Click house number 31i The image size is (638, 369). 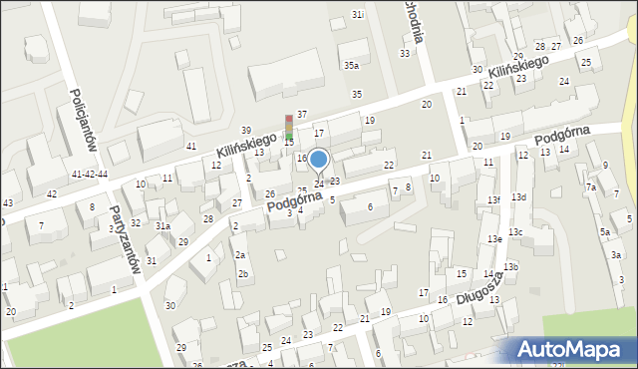click(x=359, y=15)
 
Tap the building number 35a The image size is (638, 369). click(x=351, y=65)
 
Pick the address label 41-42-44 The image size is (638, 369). click(x=89, y=174)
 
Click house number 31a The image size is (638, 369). click(x=161, y=226)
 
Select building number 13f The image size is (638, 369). click(x=493, y=200)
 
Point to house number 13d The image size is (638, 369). click(x=518, y=196)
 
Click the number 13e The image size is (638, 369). click(x=494, y=239)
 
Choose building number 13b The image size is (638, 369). click(x=510, y=266)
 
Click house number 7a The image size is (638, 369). click(x=591, y=186)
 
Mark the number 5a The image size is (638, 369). click(x=605, y=232)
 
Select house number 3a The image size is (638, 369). click(x=617, y=255)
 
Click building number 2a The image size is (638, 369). click(x=239, y=255)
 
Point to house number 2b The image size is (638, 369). click(x=242, y=273)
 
